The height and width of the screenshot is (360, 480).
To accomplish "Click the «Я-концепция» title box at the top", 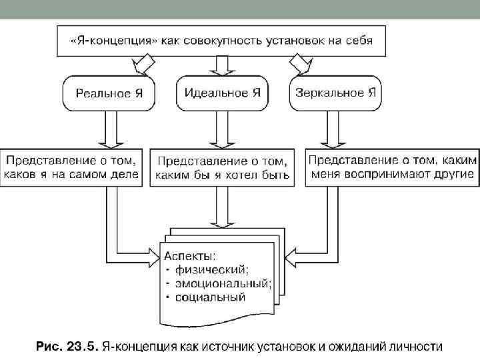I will tap(221, 39).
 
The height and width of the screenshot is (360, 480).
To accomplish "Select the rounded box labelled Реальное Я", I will tap(109, 93).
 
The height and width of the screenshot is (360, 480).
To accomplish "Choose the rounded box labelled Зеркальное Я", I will tap(336, 93).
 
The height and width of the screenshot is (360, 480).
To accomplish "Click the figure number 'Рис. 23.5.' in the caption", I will tap(66, 347).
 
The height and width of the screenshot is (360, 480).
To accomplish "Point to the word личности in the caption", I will tap(415, 347).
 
